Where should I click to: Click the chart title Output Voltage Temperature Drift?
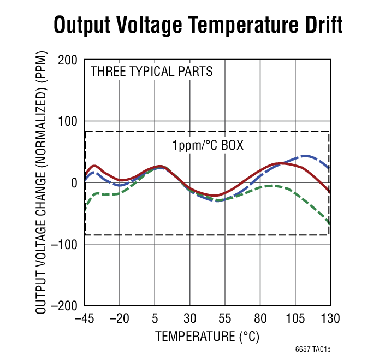coord(198,25)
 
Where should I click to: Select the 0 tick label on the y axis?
coord(74,182)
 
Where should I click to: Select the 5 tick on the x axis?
coord(155,318)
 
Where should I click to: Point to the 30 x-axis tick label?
coord(190,318)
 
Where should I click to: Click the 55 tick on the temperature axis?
coord(225,318)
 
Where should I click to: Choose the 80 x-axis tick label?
coord(260,318)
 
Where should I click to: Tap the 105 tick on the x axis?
coord(295,318)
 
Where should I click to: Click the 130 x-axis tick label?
coord(330,318)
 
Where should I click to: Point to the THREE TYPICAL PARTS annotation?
coord(151,72)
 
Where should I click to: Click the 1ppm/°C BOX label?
coord(208,146)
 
